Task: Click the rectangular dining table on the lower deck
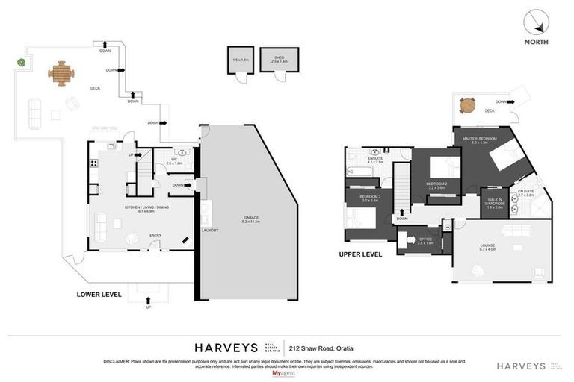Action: [62, 73]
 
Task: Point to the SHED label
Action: [279, 57]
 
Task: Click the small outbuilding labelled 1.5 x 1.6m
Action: [239, 60]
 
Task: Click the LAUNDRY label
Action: [210, 230]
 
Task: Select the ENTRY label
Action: [155, 235]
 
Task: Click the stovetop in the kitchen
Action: [93, 164]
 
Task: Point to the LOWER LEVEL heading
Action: [99, 294]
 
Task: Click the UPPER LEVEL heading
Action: [360, 254]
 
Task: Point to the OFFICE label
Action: [425, 239]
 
